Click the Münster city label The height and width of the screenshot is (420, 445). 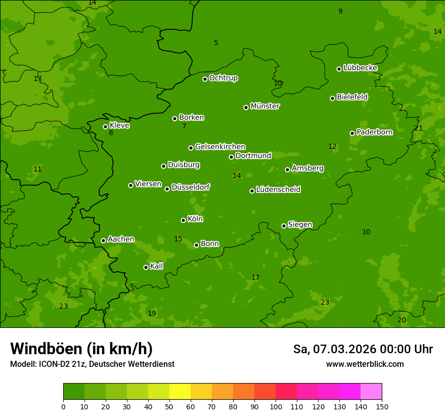[x=265, y=106]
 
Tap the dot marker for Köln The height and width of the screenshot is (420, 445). [x=183, y=220]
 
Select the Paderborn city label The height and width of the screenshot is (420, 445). [x=374, y=132]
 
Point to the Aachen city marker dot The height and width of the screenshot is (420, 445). [x=103, y=240]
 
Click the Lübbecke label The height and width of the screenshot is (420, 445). [x=360, y=68]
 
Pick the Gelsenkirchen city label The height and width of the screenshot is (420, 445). [x=220, y=147]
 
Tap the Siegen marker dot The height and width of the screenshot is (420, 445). [x=284, y=226]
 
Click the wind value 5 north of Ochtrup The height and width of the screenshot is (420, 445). [x=216, y=43]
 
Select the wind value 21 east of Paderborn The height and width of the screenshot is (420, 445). [x=418, y=128]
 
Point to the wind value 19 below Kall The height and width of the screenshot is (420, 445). [x=152, y=313]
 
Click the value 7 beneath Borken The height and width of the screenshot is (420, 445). [x=184, y=126]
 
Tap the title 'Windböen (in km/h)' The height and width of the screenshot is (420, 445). [x=81, y=349]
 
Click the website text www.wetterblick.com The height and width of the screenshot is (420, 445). [x=365, y=364]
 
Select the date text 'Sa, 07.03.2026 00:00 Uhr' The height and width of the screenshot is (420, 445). [x=363, y=349]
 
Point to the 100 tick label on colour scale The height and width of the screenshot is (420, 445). [x=276, y=406]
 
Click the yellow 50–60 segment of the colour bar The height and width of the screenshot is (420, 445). [x=180, y=392]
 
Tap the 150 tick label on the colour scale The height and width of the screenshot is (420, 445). [x=382, y=406]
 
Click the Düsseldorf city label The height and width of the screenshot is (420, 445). [x=191, y=187]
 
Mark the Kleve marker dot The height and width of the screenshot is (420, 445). [x=105, y=127]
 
